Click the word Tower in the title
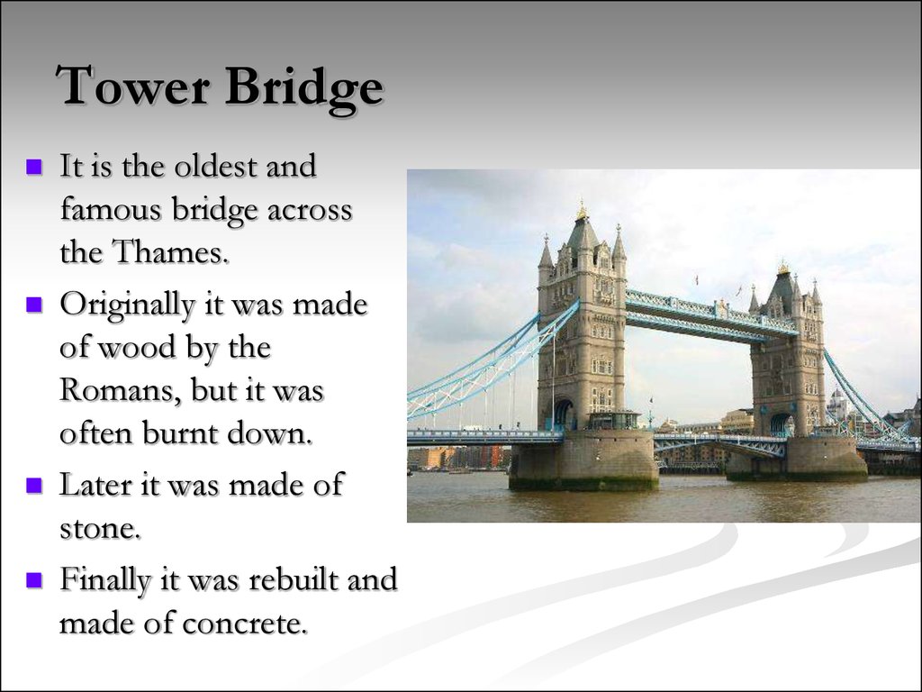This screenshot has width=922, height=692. tap(133, 86)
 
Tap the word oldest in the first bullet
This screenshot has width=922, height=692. tap(216, 166)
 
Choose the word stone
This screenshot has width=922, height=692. tap(100, 527)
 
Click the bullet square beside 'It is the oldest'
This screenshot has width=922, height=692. tap(34, 166)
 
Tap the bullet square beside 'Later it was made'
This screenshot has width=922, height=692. tap(34, 485)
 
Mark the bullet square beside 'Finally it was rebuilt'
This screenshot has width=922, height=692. tap(34, 579)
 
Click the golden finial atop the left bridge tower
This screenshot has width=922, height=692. tap(582, 211)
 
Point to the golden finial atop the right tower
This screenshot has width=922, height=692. tap(782, 268)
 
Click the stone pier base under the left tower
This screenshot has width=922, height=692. tap(583, 460)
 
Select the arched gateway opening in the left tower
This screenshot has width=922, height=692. tap(563, 414)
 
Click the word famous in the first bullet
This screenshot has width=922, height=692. tap(110, 209)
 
